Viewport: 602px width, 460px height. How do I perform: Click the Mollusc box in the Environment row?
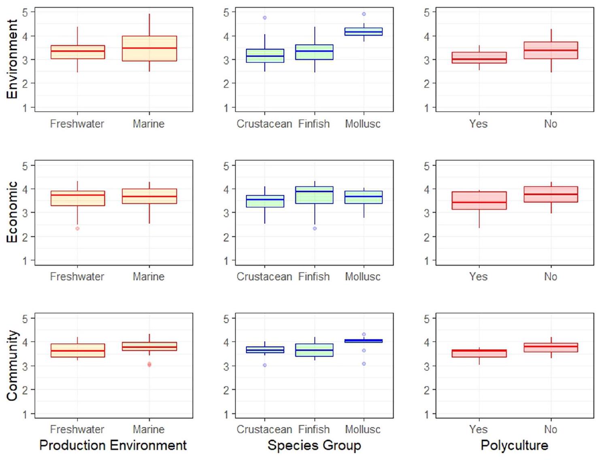click(x=363, y=32)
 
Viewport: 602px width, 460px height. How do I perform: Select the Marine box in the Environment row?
click(x=149, y=49)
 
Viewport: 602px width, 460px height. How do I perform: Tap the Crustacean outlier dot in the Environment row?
click(x=265, y=18)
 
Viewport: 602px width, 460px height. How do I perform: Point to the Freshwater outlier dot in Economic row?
click(x=77, y=228)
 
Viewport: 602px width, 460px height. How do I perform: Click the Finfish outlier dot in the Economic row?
click(x=315, y=228)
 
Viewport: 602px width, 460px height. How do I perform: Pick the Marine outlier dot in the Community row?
click(x=149, y=364)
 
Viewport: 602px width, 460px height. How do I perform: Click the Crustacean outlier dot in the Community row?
click(x=265, y=365)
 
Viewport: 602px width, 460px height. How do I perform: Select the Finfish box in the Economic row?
click(x=314, y=195)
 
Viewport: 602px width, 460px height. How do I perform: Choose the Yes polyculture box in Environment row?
click(x=479, y=57)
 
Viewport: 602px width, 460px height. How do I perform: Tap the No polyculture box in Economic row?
click(x=551, y=194)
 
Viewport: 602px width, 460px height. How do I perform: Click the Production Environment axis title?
click(x=113, y=445)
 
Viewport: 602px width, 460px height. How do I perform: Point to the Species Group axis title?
click(x=314, y=445)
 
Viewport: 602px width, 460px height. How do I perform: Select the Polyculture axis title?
click(x=514, y=445)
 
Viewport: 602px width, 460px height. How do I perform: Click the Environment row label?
click(x=12, y=59)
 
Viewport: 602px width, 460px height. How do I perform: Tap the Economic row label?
click(x=12, y=212)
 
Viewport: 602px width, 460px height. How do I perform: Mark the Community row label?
click(x=12, y=365)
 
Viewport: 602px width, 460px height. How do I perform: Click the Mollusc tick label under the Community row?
click(x=363, y=429)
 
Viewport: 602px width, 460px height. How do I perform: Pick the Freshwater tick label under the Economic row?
click(x=77, y=277)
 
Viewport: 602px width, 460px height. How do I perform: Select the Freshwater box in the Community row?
click(x=78, y=350)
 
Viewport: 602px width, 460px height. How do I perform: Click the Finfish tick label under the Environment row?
click(x=314, y=124)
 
